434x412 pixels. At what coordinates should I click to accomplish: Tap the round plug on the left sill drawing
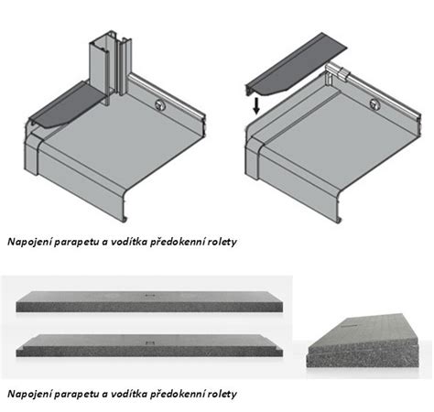159,104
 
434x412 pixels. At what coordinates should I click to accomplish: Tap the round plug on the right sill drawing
374,104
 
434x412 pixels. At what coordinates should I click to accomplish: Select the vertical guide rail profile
111,66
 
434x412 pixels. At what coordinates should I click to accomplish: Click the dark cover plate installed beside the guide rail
66,105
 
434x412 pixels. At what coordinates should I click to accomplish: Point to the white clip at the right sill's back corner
337,73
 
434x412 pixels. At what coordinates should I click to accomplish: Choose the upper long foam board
149,301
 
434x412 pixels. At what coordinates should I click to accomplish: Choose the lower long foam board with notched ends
149,345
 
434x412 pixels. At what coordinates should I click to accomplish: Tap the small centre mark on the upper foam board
149,295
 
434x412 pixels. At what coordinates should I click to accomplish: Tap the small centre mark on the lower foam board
150,342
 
